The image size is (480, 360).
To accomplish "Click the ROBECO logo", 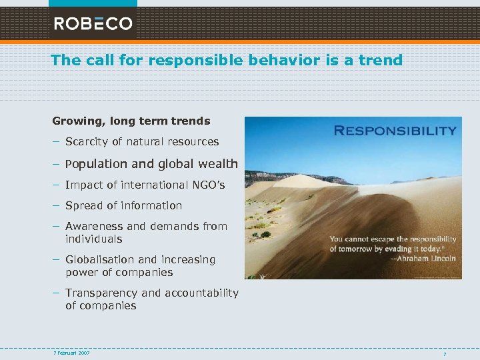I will (93, 23).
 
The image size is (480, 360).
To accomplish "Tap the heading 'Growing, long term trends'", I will (131, 121).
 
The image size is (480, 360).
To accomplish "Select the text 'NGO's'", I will (209, 185).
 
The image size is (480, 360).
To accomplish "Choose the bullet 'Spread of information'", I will (123, 205).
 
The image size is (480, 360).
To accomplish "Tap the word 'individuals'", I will (94, 239).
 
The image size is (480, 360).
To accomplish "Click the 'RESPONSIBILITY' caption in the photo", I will (395, 131).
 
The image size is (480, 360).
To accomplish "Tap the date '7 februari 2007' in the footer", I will (71, 352).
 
